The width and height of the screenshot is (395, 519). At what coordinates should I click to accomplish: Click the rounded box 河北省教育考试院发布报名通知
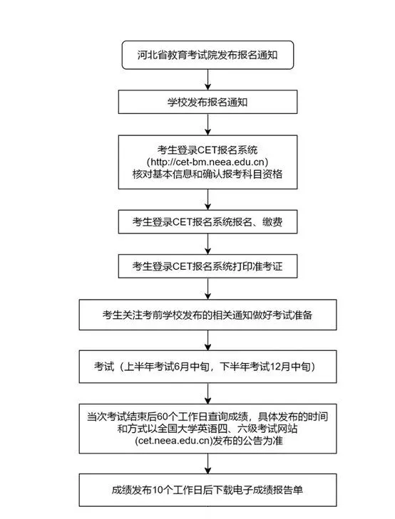coord(207,55)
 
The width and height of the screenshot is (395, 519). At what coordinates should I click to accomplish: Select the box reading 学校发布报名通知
coord(207,102)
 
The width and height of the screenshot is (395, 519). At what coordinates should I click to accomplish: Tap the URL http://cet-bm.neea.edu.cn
coord(207,162)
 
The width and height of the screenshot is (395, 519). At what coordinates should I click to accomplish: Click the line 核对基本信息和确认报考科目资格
coord(207,174)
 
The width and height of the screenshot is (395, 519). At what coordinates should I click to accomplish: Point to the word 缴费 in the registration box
coord(272,221)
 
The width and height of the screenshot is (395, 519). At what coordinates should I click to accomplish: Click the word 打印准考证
coord(257,266)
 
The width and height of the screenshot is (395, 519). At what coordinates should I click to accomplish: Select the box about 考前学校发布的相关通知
coord(207,315)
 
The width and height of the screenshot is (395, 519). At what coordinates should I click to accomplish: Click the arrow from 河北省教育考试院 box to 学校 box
coord(207,80)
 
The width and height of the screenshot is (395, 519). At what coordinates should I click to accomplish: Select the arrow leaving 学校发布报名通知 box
coord(207,125)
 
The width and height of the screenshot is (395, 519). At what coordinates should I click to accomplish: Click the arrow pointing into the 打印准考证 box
coord(207,244)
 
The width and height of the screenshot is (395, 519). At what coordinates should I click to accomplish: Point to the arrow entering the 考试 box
coord(207,340)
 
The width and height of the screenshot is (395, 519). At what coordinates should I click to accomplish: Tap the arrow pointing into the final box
coord(207,463)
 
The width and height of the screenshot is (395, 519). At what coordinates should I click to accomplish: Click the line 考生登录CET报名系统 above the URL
coord(207,150)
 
